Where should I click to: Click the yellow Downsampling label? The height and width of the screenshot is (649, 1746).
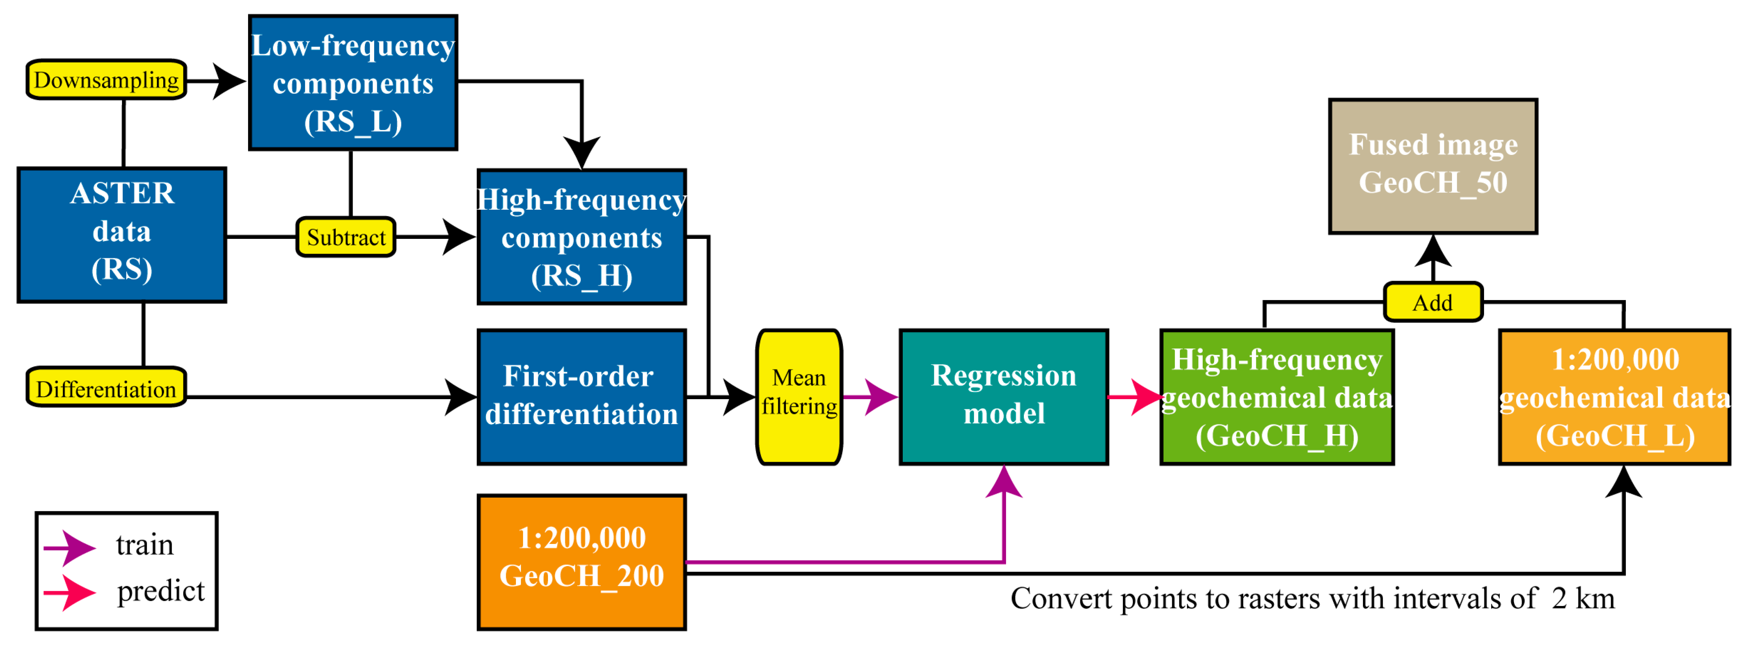(x=106, y=80)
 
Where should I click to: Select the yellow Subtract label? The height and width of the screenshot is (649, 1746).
(x=345, y=237)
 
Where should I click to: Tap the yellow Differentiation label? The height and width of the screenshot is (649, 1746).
(x=106, y=389)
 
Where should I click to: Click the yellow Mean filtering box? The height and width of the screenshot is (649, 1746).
(x=799, y=397)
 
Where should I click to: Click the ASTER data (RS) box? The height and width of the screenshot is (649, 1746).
(x=122, y=234)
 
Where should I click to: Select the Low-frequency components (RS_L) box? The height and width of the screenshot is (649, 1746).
(x=353, y=83)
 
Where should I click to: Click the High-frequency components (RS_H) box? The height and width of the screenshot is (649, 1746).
(x=582, y=237)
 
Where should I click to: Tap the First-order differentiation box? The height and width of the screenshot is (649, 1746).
(x=582, y=397)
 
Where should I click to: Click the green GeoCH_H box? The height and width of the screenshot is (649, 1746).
(x=1277, y=397)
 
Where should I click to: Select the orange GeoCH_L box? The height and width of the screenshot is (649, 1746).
(x=1614, y=397)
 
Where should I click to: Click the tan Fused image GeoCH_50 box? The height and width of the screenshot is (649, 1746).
(x=1433, y=166)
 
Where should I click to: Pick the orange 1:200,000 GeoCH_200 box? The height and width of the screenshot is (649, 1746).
(x=582, y=562)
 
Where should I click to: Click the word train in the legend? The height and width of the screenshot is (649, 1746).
(x=144, y=545)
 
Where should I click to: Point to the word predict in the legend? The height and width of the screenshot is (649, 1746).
(x=161, y=591)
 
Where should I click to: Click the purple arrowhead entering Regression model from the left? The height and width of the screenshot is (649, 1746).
(x=881, y=397)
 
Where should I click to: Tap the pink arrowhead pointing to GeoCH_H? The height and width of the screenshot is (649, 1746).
(x=1147, y=397)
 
